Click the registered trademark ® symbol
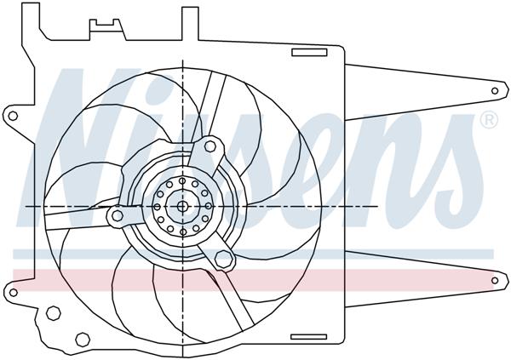click(x=489, y=121)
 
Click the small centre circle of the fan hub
click(x=182, y=206)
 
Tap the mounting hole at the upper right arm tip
click(x=497, y=89)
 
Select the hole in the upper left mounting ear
click(x=12, y=114)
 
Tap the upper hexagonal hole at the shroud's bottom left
click(x=53, y=314)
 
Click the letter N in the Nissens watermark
click(x=94, y=128)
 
